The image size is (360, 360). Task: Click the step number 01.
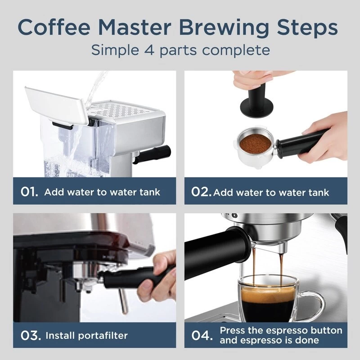click(x=30, y=192)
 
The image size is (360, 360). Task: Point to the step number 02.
click(x=201, y=192)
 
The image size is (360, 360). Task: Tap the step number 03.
click(x=30, y=335)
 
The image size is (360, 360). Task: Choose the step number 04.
click(x=201, y=335)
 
